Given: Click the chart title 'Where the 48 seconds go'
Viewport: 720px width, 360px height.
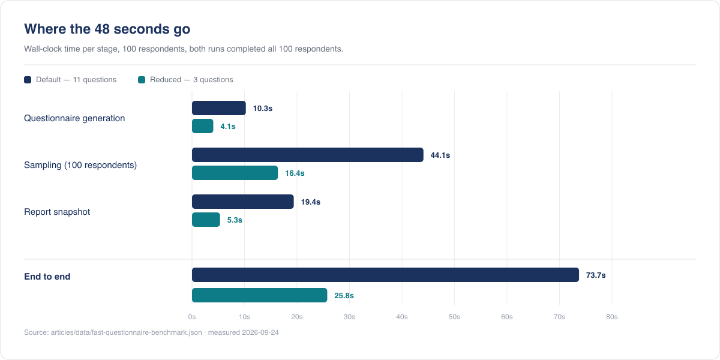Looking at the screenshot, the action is click(x=107, y=29).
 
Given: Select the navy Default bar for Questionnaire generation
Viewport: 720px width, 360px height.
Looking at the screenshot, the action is click(x=219, y=108).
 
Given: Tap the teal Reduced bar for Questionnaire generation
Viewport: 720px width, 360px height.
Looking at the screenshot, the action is click(x=203, y=126).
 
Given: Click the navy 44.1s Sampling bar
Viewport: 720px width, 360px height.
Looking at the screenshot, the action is click(x=308, y=155).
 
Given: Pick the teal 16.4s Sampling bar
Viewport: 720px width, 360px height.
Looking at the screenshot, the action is click(x=235, y=173).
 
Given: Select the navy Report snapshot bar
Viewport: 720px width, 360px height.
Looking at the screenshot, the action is click(x=242, y=202).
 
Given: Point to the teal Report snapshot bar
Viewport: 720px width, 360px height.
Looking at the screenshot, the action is click(x=206, y=220).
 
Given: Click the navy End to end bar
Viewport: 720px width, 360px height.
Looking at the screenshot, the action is click(x=385, y=275).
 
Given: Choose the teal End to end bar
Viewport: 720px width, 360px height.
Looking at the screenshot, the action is click(x=259, y=295).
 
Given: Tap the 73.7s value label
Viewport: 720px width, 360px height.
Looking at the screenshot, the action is click(x=596, y=275).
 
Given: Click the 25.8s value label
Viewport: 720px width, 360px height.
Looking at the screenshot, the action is click(x=344, y=295).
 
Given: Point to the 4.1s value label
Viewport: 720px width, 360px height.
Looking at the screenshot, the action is click(x=228, y=127).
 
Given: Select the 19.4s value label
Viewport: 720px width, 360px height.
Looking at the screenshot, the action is click(x=311, y=202).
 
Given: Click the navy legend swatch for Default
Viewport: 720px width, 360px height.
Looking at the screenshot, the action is click(x=28, y=80).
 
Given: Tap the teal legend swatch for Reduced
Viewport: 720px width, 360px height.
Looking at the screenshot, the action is click(x=142, y=80).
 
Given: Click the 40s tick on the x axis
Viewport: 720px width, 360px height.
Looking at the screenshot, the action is click(x=402, y=317).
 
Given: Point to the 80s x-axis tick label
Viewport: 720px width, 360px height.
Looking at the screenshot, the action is click(x=611, y=317).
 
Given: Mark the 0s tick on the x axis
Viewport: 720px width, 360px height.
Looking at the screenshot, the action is click(x=192, y=317).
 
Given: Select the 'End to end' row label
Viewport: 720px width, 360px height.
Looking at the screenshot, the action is click(x=47, y=277).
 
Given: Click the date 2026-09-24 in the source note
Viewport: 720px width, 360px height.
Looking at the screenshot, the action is click(x=260, y=332).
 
